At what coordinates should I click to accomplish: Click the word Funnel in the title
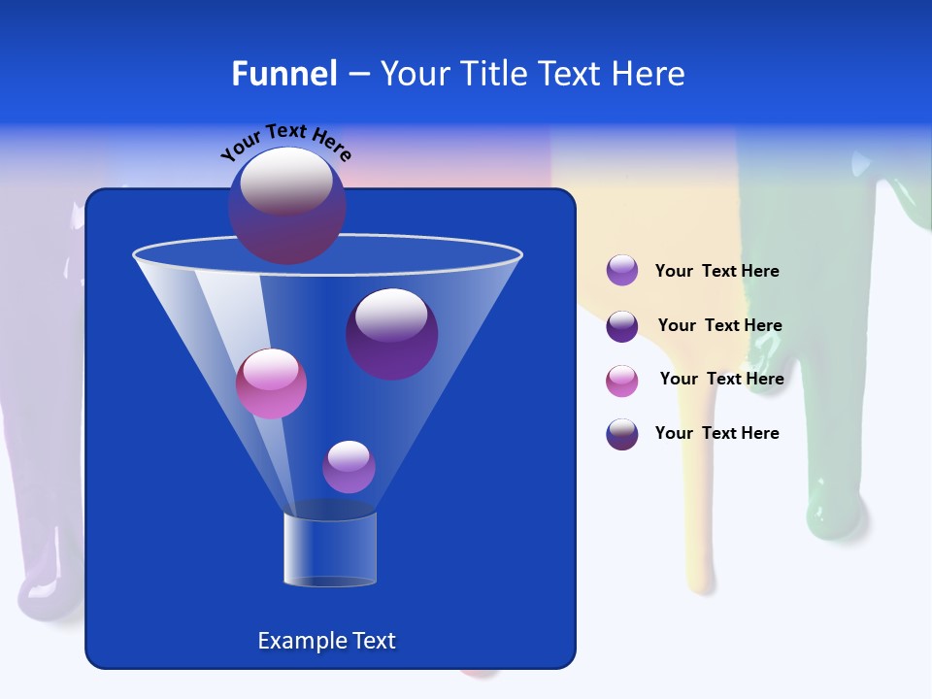(x=284, y=74)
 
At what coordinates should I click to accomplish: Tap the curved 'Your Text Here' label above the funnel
(x=286, y=142)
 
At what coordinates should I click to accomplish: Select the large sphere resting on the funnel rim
(x=286, y=206)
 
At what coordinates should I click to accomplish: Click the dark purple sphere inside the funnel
(x=391, y=333)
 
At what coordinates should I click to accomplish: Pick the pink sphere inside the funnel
(x=271, y=383)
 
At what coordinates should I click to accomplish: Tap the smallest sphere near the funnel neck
(x=349, y=467)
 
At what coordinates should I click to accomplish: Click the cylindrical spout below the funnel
(x=330, y=549)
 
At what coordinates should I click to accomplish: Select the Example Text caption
(x=326, y=641)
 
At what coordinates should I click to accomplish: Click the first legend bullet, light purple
(x=622, y=271)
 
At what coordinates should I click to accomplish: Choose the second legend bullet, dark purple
(x=622, y=326)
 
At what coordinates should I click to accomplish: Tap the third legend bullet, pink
(x=622, y=381)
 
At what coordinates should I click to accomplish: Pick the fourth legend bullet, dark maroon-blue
(x=622, y=434)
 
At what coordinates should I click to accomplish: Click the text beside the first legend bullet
(x=716, y=272)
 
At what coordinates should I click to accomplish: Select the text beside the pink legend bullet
(x=721, y=379)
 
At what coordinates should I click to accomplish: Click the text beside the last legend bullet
(x=716, y=433)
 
